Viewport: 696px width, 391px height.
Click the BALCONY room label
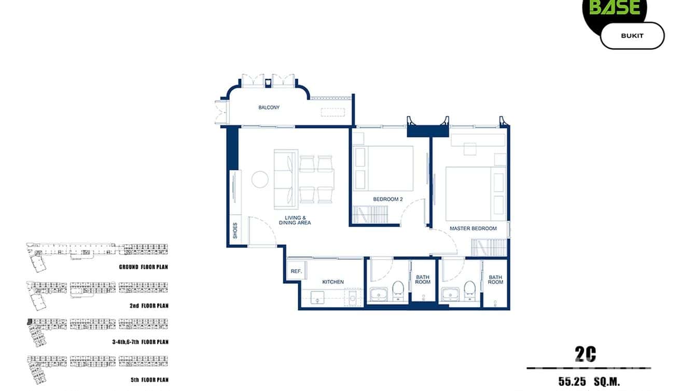pos(269,108)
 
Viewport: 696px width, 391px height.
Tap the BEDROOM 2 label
pos(387,199)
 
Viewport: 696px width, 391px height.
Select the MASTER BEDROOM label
pos(473,228)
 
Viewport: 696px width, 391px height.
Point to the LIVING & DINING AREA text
pos(298,220)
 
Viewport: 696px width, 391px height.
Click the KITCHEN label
pos(333,282)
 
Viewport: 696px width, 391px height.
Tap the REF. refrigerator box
pos(296,271)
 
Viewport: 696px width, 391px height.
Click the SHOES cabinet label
pos(235,230)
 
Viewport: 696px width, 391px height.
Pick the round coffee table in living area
pos(260,179)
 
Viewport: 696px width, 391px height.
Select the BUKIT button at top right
pos(632,36)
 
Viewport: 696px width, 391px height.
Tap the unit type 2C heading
pos(585,355)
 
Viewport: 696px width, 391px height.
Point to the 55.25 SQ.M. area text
pos(589,382)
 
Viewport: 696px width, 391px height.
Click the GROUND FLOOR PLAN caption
pos(143,267)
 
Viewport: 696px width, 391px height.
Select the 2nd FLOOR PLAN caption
pos(149,306)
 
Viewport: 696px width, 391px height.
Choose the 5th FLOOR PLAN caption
pos(149,380)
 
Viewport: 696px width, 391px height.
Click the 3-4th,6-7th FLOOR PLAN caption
pos(140,342)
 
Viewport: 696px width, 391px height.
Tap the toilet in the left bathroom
pos(398,289)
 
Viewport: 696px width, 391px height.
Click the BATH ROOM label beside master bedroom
pos(495,280)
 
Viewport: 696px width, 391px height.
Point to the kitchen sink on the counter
pos(317,297)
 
